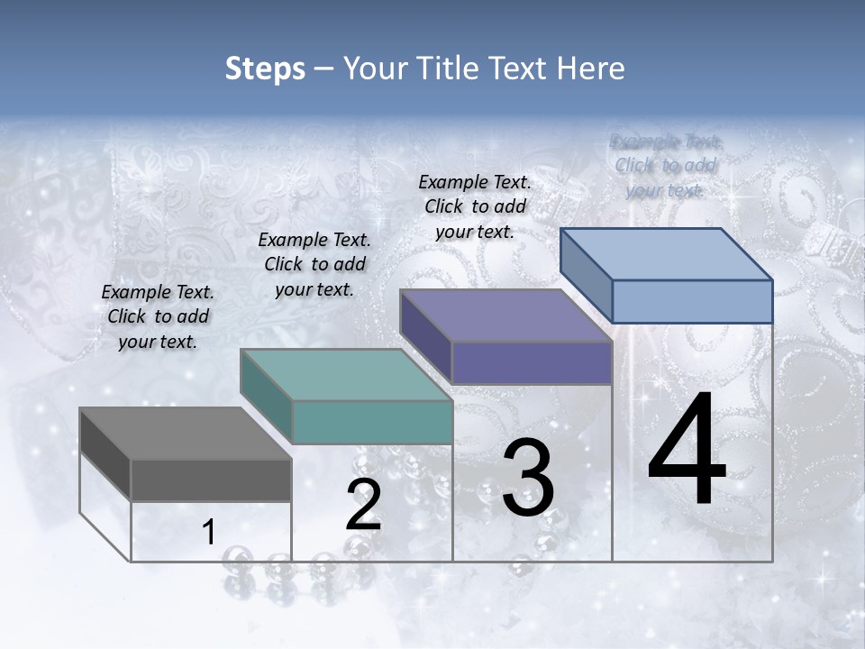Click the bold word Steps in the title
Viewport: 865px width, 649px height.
265,69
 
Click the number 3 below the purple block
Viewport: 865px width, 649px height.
528,478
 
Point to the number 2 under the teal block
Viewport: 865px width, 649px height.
364,506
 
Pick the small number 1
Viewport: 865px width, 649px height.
209,533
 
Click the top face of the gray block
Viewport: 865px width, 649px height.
186,433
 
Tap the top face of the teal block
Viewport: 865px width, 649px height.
346,375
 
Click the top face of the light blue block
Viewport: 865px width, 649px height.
667,254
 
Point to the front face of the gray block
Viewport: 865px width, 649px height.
211,480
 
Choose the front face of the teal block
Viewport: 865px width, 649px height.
372,422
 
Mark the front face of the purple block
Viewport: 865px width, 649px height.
532,363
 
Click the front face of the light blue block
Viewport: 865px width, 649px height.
692,301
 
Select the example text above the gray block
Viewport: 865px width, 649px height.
158,316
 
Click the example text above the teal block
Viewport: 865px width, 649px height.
314,264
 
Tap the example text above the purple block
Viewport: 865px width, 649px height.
475,206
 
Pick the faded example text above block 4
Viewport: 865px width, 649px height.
666,165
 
